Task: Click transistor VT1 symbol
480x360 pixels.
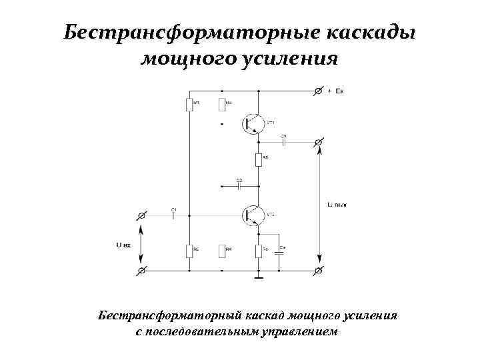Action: pos(254,123)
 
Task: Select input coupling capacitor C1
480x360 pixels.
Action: pos(173,215)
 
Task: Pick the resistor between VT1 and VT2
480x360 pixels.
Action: pos(257,159)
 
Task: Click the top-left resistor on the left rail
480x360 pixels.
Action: pos(189,105)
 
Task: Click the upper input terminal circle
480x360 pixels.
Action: pos(141,215)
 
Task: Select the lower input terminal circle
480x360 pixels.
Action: pos(141,271)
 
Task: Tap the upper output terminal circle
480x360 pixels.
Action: pos(319,141)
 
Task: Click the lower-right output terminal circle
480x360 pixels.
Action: pos(319,271)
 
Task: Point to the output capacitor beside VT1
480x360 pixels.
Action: pos(283,141)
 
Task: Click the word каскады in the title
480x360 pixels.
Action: pos(370,33)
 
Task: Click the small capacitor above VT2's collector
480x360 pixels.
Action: pos(239,186)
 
